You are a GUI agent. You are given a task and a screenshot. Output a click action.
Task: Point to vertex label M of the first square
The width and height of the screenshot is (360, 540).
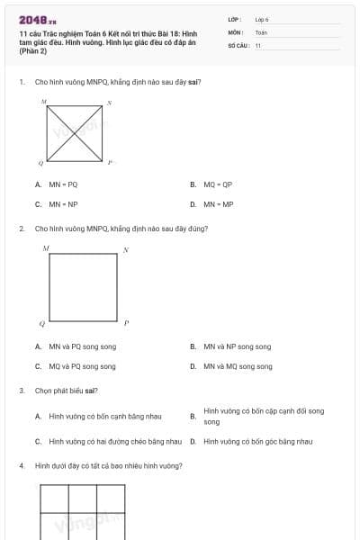[43, 103]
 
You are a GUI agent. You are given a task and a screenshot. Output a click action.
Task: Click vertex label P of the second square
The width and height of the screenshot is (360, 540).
[126, 322]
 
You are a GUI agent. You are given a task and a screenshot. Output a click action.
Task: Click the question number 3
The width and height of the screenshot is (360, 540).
[21, 391]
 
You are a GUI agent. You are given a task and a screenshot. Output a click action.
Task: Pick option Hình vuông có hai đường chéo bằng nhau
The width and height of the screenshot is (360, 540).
[115, 441]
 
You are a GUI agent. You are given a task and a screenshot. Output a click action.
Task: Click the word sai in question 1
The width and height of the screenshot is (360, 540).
[194, 82]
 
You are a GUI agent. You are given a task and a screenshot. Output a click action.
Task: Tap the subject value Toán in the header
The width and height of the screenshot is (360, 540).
[261, 31]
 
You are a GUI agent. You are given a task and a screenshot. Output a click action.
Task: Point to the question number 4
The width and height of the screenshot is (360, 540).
[21, 465]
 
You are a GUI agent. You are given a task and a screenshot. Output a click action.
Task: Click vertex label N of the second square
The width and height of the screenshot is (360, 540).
[126, 248]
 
